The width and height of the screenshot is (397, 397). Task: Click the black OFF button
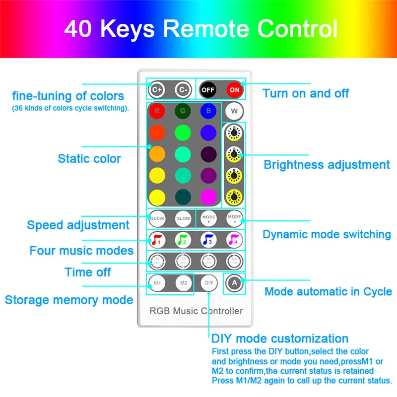[x=208, y=90]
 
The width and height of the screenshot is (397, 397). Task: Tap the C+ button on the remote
[x=157, y=90]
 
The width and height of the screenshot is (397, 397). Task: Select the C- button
[x=183, y=90]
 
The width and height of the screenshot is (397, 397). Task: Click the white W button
[x=234, y=111]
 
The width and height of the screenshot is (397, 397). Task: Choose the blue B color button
[x=208, y=111]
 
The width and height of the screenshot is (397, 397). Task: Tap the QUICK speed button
[x=157, y=218]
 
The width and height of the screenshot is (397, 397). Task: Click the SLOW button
[x=183, y=218]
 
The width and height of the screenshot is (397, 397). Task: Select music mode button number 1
[x=157, y=240]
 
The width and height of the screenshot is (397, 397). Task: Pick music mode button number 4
[x=234, y=240]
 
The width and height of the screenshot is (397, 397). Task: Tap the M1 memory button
[x=157, y=283]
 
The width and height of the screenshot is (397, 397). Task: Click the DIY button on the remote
[x=209, y=283]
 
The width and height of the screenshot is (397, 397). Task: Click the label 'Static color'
[x=89, y=159]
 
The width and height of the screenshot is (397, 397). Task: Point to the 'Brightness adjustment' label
[x=327, y=165]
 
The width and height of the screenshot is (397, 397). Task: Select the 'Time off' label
[x=88, y=272]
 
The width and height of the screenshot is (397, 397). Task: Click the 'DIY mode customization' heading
[x=280, y=339]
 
